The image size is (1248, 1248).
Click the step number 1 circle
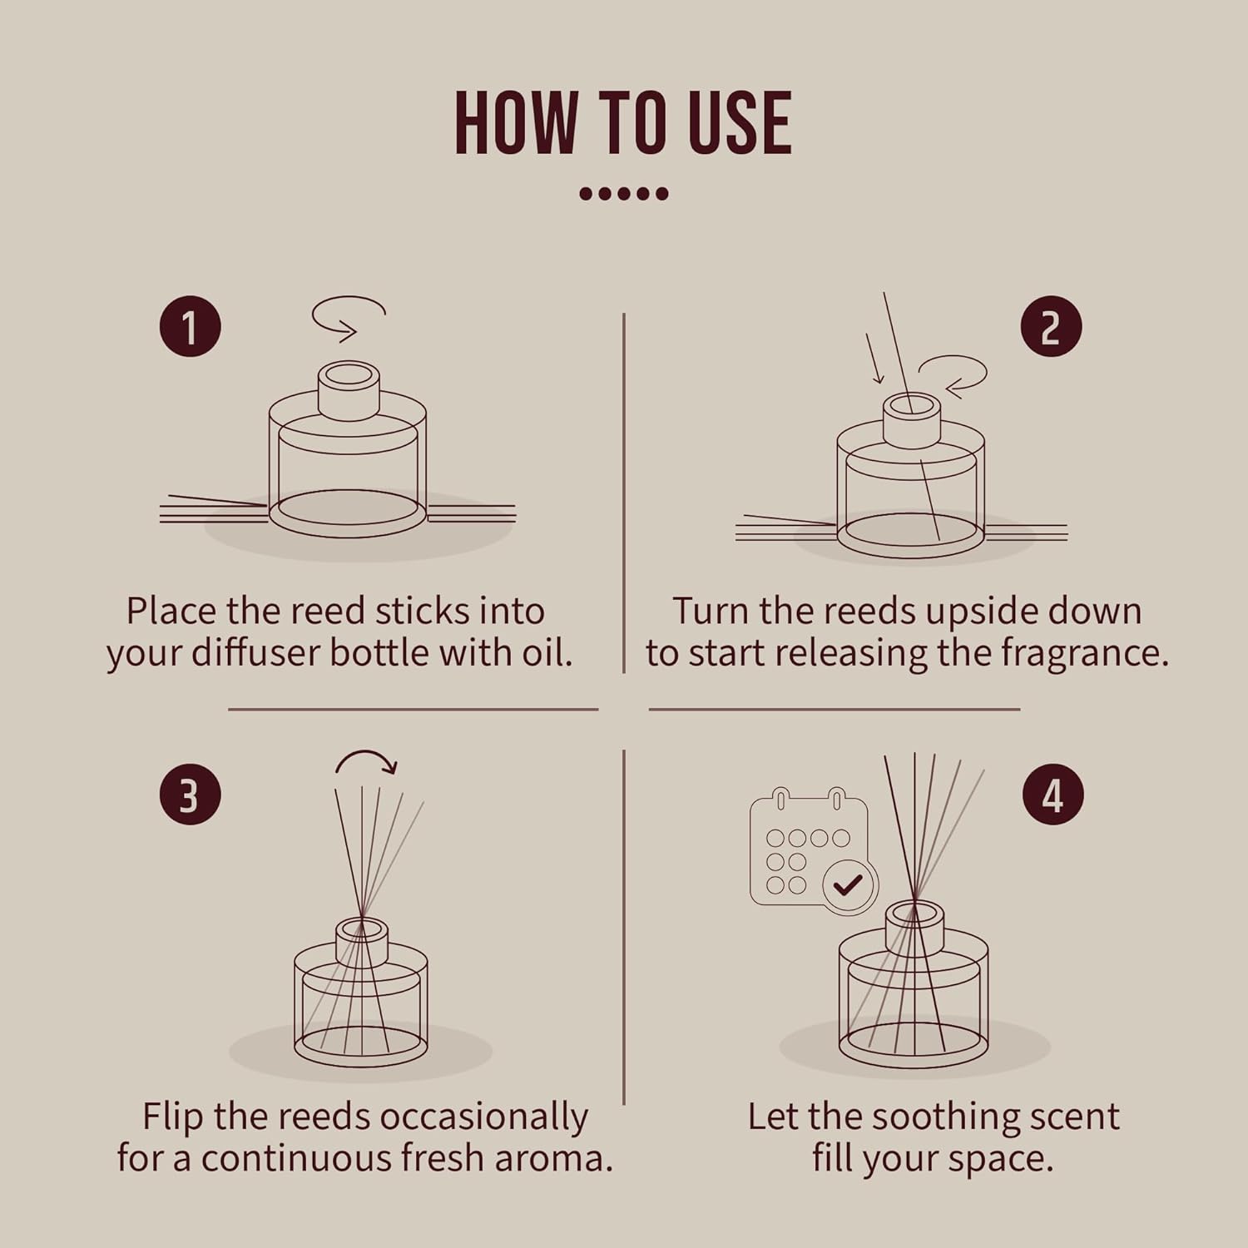(191, 326)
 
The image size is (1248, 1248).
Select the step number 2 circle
(1051, 327)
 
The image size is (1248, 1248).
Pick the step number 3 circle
(191, 794)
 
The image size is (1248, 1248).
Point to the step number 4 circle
(1052, 795)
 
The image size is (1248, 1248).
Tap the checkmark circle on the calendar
(849, 886)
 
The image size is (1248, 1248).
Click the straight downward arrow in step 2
(874, 359)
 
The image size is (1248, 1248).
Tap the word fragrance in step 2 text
(1084, 652)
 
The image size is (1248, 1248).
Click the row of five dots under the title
(623, 194)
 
